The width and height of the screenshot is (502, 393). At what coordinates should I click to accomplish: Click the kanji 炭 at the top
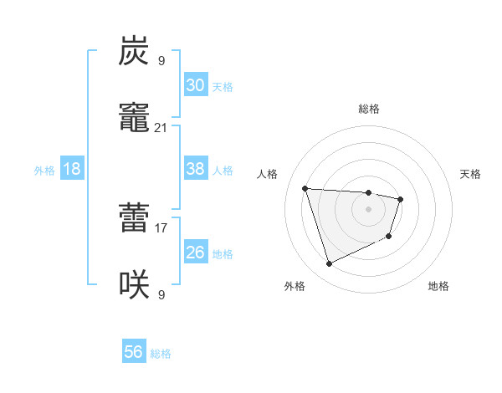tap(135, 53)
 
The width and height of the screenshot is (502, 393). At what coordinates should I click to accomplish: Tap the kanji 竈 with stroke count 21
tap(135, 119)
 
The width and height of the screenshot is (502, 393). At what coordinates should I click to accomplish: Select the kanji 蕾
tap(135, 219)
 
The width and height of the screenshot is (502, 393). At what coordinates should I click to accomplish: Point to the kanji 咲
tap(135, 285)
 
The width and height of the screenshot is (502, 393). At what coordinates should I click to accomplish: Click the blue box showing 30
tap(195, 85)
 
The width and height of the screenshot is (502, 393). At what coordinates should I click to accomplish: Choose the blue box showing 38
tap(195, 169)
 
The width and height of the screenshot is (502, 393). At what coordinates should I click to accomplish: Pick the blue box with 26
tap(195, 253)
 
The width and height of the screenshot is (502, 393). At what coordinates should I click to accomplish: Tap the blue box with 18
tap(72, 169)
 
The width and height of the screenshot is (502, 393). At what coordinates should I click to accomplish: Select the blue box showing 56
tap(134, 352)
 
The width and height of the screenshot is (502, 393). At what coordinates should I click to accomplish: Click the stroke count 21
tap(161, 128)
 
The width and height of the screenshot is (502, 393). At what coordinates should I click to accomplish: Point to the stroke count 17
tap(161, 227)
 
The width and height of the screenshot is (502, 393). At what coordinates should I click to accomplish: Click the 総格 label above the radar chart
tap(369, 109)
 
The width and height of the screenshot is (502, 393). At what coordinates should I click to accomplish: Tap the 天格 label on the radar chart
tap(471, 174)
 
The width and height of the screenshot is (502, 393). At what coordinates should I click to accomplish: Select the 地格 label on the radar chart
tap(438, 286)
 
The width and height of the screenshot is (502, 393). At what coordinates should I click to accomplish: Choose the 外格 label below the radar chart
tap(295, 286)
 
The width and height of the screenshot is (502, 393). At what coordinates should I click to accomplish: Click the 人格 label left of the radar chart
tap(267, 174)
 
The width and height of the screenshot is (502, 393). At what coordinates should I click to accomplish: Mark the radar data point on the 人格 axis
tap(305, 187)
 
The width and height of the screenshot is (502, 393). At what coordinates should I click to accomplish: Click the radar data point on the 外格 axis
tap(329, 264)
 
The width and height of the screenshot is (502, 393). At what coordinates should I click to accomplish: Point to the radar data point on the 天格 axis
tap(401, 199)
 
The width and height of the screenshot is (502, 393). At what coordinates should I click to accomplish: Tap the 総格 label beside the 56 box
tap(161, 354)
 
